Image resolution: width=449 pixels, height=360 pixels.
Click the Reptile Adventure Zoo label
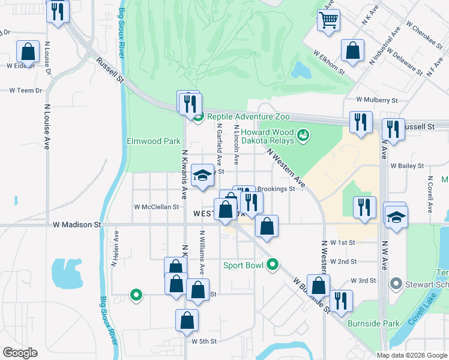click(249, 117)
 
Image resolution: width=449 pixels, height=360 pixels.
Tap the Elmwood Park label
click(154, 142)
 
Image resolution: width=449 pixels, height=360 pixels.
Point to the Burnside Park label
click(373, 323)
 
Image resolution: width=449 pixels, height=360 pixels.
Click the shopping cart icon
click(328, 20)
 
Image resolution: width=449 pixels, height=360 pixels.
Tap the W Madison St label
click(77, 224)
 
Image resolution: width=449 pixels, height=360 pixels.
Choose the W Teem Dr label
click(26, 91)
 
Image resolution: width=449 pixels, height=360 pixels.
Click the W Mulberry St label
click(377, 100)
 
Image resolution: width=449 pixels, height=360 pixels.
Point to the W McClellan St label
click(156, 207)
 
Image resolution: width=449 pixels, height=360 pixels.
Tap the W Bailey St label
click(407, 165)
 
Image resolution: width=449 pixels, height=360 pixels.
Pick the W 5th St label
click(203, 341)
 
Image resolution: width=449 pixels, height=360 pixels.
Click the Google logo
click(20, 353)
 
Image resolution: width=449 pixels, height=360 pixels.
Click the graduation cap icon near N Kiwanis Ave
click(203, 176)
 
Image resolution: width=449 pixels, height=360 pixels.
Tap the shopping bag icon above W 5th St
click(187, 320)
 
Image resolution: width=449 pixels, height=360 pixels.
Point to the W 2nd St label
click(343, 262)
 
